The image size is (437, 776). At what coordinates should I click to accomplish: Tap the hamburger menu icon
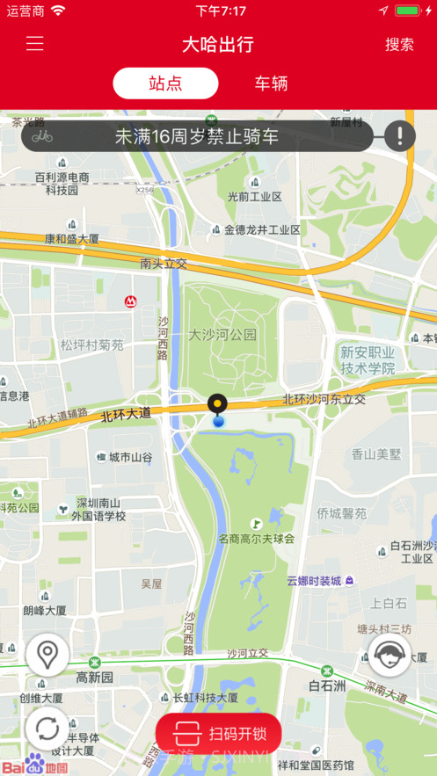[34, 44]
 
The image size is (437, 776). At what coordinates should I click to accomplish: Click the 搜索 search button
[399, 44]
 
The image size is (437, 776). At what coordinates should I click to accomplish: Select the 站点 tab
[165, 83]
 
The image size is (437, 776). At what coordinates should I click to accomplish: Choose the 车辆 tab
[271, 83]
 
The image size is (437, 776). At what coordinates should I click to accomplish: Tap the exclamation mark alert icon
[399, 135]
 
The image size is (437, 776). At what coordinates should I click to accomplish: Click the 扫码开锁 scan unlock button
[219, 733]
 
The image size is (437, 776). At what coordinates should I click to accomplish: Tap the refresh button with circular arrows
[47, 729]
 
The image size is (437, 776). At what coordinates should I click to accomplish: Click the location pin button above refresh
[47, 655]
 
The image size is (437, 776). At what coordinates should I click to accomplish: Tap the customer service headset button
[389, 655]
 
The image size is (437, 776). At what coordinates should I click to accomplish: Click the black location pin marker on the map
[217, 404]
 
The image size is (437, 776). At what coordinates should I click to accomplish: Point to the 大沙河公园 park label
[222, 335]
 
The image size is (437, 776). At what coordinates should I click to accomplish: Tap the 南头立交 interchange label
[164, 263]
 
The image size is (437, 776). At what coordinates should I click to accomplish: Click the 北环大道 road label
[126, 413]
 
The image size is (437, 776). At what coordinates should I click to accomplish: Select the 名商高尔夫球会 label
[257, 539]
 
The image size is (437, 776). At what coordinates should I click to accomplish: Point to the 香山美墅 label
[375, 454]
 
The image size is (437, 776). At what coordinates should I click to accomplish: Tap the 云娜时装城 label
[314, 581]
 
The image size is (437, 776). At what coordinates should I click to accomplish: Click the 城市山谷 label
[130, 457]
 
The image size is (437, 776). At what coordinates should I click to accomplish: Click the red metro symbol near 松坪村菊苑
[130, 301]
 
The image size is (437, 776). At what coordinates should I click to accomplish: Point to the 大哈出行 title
[218, 44]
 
